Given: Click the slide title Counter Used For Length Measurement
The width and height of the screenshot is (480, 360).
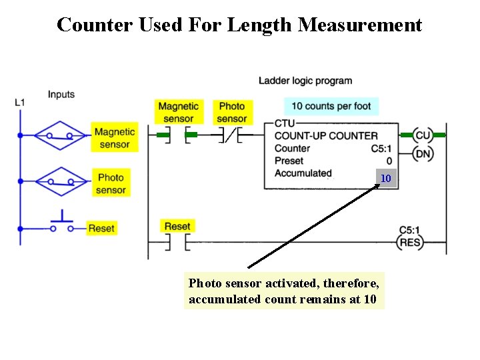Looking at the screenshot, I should pos(239,25).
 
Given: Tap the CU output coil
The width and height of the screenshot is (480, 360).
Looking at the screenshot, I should pos(423,135).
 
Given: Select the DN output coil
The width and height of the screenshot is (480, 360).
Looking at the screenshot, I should pos(423,154).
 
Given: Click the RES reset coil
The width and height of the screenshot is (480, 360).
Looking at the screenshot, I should pos(409,243).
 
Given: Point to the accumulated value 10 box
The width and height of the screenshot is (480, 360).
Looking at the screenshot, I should pos(385,178).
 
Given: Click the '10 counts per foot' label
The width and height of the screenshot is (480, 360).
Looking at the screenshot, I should pos(331,106).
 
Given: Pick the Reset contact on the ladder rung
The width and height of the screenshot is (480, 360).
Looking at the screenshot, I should pos(177,243).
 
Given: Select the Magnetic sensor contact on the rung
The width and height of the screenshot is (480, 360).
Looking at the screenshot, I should pos(177,136).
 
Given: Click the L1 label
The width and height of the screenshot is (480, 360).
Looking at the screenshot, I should pos(20,102).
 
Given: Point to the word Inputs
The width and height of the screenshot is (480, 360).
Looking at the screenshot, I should pos(61,95).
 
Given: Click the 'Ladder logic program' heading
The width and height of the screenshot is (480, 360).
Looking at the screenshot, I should pos(305,81).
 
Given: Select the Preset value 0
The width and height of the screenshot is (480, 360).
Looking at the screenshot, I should pos(389,161).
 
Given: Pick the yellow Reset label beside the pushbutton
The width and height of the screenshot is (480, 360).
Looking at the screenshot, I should pos(101,228).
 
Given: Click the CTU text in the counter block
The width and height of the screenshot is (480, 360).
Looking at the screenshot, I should pos(284,123).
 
